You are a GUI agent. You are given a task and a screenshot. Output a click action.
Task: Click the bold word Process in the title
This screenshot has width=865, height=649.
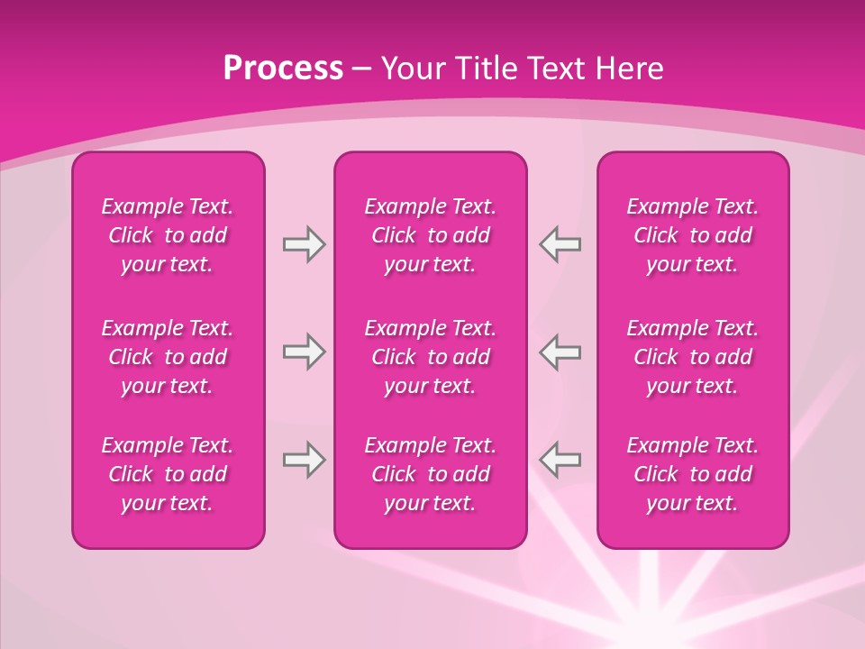pos(283,69)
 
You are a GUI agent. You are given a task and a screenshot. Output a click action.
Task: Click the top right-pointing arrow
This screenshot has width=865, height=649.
pos(305,244)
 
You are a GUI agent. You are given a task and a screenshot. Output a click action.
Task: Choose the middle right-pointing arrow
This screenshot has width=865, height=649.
pos(305,352)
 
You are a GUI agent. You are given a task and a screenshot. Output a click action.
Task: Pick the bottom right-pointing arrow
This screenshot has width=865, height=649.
pos(305,460)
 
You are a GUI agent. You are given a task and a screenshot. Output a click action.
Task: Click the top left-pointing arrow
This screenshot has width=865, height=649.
pos(560,244)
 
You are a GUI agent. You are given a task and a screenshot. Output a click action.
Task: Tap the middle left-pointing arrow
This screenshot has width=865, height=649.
pos(560,352)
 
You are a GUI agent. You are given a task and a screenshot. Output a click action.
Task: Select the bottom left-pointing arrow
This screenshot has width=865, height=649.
pos(560,460)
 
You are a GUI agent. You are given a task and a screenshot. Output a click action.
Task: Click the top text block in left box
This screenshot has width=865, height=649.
pos(168,235)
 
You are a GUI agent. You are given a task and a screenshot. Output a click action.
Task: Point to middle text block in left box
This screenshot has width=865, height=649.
pos(168,357)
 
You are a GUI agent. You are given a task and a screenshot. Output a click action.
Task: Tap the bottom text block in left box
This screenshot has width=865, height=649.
pos(168,474)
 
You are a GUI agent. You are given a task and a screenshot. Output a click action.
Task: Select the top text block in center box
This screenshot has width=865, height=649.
pos(430,235)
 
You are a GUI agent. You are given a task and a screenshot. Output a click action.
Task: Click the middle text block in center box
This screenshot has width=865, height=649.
pos(430,357)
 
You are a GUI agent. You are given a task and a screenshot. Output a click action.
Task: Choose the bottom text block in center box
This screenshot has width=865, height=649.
pos(430,474)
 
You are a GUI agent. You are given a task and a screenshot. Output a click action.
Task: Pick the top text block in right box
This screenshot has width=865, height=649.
pos(692,235)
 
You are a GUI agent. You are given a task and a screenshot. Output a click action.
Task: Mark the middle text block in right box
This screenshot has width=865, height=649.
pos(692,357)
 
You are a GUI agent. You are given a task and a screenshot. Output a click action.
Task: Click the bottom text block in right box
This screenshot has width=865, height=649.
pos(692,474)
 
